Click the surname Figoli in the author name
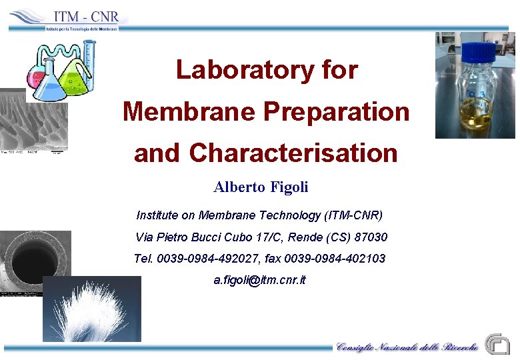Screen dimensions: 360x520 click(289, 187)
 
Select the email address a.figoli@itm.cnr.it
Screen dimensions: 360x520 click(259, 280)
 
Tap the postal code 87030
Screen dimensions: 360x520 click(372, 237)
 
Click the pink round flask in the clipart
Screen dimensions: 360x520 click(33, 77)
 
